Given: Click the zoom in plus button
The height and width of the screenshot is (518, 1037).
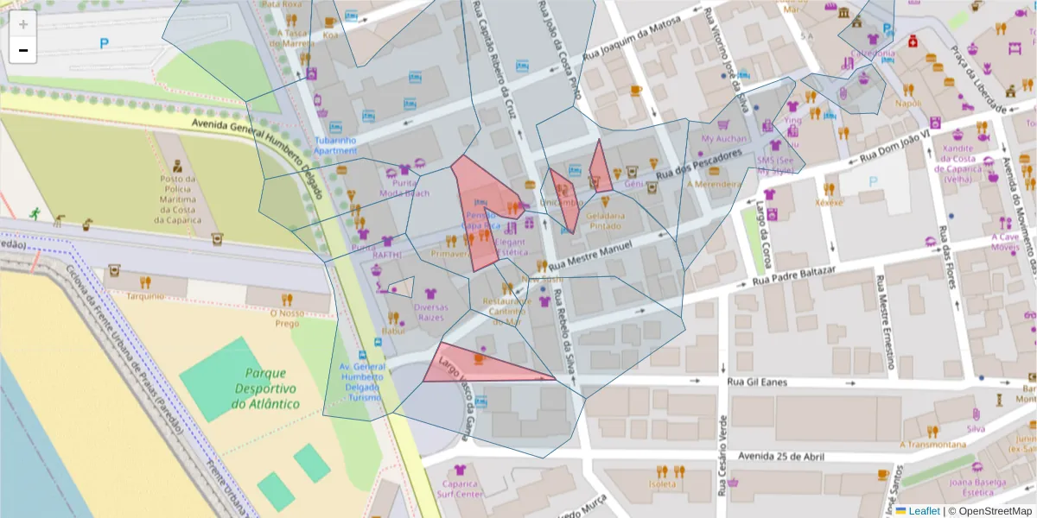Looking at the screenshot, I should pyautogui.click(x=23, y=24).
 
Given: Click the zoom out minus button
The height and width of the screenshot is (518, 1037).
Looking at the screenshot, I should pyautogui.click(x=23, y=51).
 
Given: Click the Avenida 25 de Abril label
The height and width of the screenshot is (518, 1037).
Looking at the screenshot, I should pyautogui.click(x=778, y=456).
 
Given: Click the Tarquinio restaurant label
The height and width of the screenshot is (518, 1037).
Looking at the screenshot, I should pyautogui.click(x=145, y=296).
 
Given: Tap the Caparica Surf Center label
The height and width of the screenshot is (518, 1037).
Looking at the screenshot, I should pyautogui.click(x=459, y=490).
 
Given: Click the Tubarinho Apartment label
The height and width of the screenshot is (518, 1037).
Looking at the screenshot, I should pyautogui.click(x=335, y=145).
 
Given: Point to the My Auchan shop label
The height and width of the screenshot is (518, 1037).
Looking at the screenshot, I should pyautogui.click(x=723, y=138).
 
